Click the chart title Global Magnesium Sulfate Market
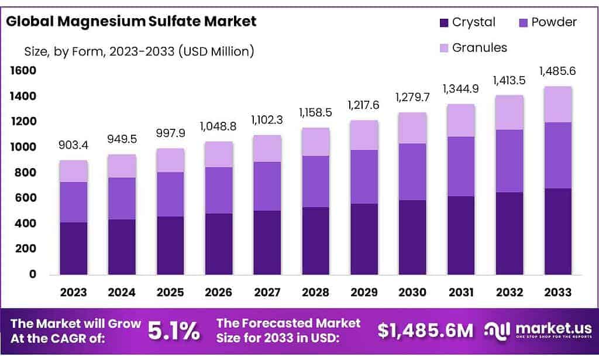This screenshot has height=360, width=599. click(132, 22)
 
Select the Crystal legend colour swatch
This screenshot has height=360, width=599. click(444, 23)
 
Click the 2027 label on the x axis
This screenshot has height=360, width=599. click(267, 292)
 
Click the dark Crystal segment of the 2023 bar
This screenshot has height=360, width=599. click(73, 248)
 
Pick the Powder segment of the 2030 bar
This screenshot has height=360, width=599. click(412, 172)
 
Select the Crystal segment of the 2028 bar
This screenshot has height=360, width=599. click(315, 241)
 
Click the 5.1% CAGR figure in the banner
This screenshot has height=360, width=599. click(173, 331)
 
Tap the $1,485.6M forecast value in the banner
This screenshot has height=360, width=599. click(425, 331)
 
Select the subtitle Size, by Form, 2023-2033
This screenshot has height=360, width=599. click(139, 52)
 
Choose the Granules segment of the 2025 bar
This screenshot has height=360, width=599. click(170, 160)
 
